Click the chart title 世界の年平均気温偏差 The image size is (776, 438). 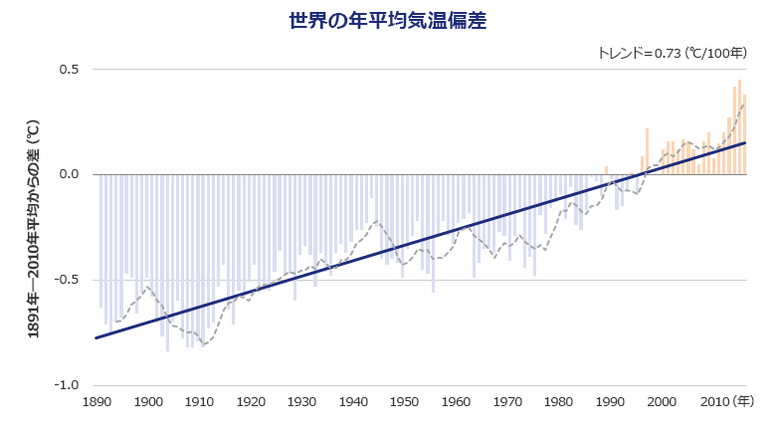point(388,21)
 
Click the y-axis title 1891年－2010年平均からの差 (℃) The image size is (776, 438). point(34,229)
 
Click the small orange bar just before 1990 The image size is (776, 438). point(606,170)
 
